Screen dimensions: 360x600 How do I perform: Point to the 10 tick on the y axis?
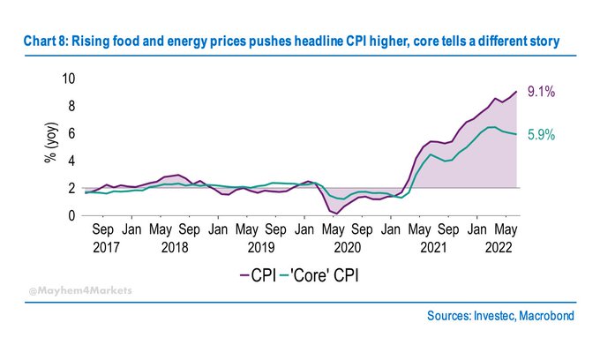68,79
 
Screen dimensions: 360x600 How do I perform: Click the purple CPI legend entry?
259,276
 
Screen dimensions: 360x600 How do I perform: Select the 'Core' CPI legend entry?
326,276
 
